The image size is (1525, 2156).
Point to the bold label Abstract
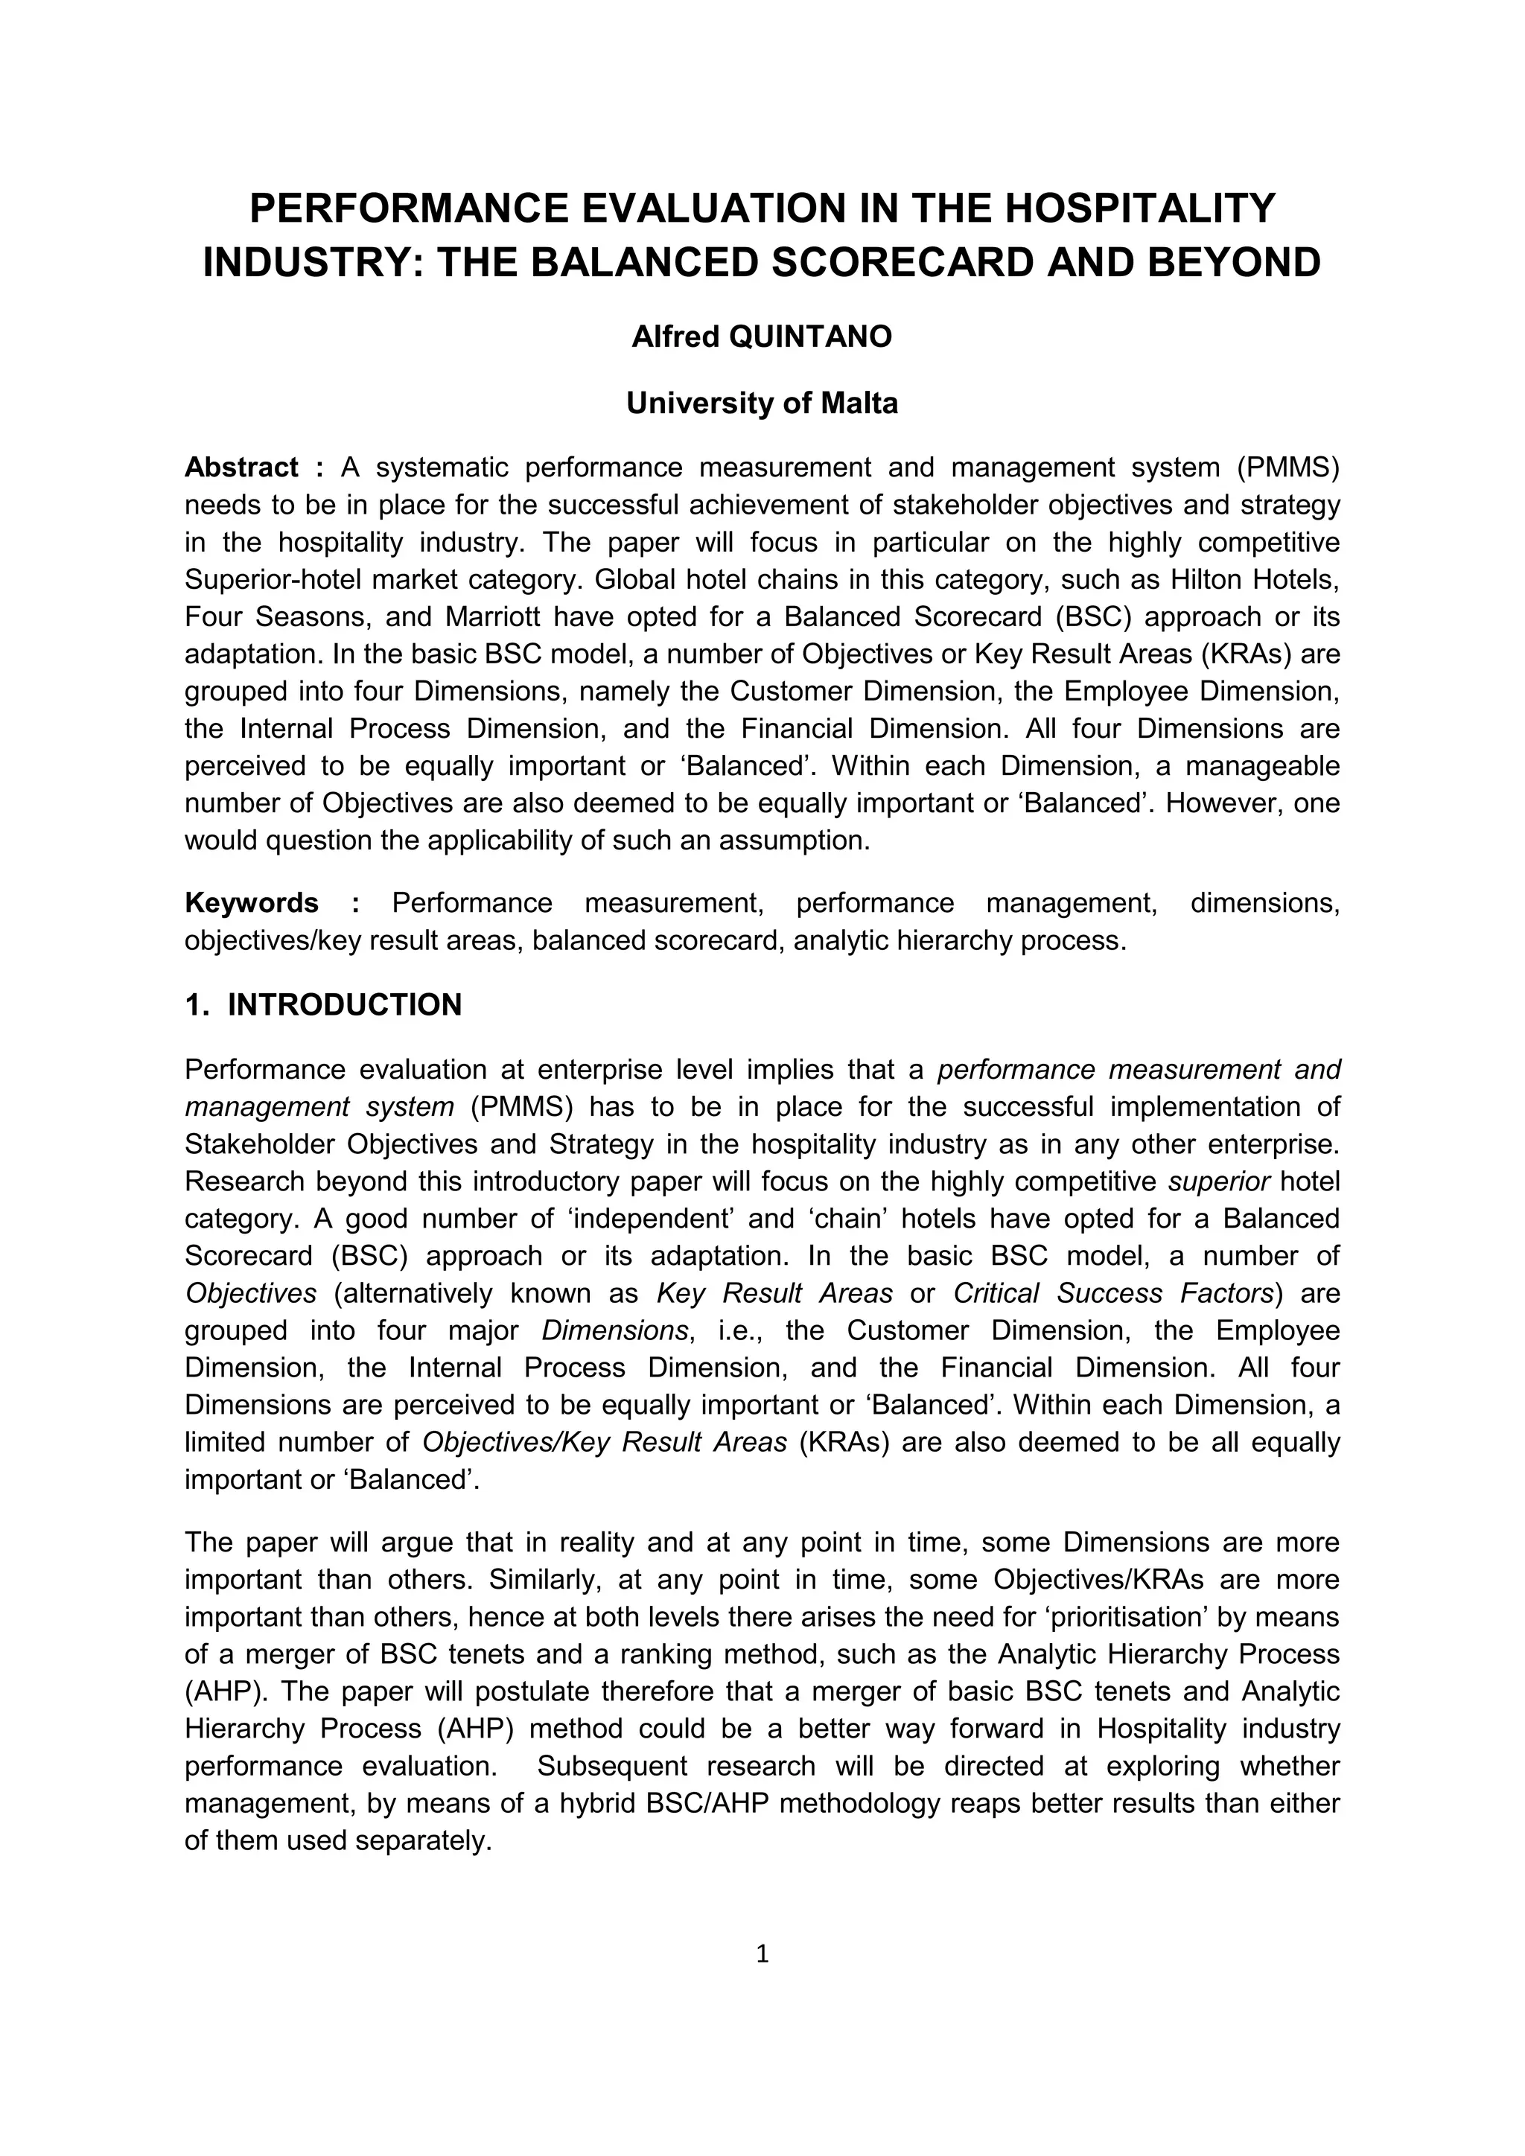click(241, 468)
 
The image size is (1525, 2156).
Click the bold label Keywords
click(252, 903)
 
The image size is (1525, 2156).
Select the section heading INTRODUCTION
click(345, 1005)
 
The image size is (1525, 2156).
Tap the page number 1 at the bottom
click(762, 1954)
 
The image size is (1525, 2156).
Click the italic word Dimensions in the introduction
click(615, 1330)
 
